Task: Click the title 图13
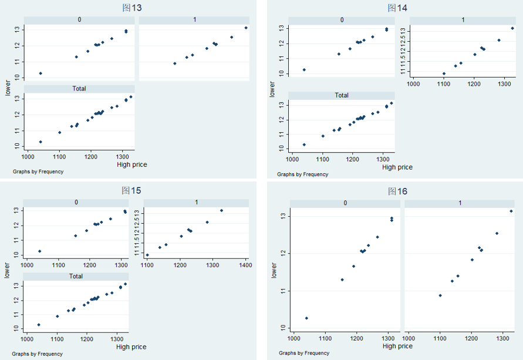pos(132,8)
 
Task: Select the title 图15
pos(131,191)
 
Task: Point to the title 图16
pos(397,191)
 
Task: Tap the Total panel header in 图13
pos(79,89)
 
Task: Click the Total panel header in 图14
pos(341,95)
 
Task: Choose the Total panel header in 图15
pos(76,276)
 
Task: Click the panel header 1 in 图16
pos(460,203)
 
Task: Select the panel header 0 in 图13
pos(79,20)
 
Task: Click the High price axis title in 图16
pos(397,346)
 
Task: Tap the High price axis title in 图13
pos(132,164)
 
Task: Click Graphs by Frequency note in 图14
pos(302,174)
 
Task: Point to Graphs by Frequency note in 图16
pos(304,353)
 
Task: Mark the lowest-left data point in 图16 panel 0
pos(306,318)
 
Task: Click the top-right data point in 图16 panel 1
pos(511,211)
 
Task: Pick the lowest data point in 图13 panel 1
pos(175,63)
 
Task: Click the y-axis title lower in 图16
pos(274,270)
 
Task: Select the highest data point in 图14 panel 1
pos(512,28)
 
